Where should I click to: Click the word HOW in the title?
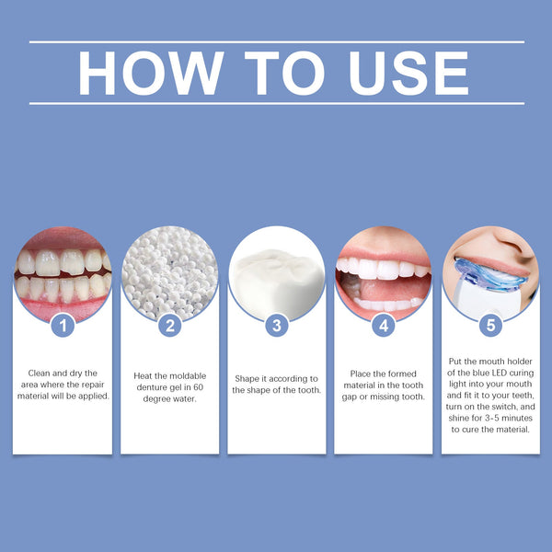[x=150, y=73]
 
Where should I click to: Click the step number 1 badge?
[x=62, y=324]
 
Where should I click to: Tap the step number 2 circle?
[x=169, y=324]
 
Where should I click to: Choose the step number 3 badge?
[x=277, y=324]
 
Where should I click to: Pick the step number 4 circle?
[x=384, y=324]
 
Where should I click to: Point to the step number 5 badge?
[x=490, y=324]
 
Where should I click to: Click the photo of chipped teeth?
[x=62, y=273]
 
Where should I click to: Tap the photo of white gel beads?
[x=169, y=273]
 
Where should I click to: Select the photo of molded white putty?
[x=277, y=273]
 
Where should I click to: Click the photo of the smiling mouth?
[x=384, y=273]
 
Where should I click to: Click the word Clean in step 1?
[x=39, y=373]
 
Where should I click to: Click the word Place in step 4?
[x=361, y=373]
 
